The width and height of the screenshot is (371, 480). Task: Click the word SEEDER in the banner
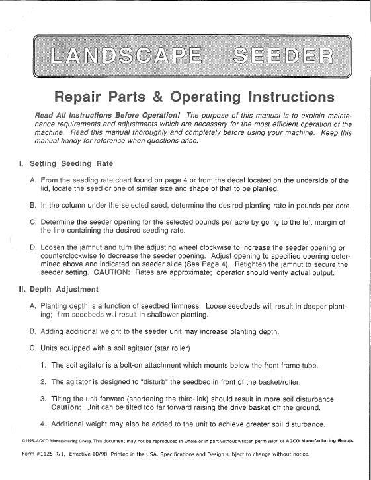click(278, 56)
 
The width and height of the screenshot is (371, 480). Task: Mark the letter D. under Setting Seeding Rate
click(33, 247)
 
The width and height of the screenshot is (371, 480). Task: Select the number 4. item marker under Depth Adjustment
click(43, 424)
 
